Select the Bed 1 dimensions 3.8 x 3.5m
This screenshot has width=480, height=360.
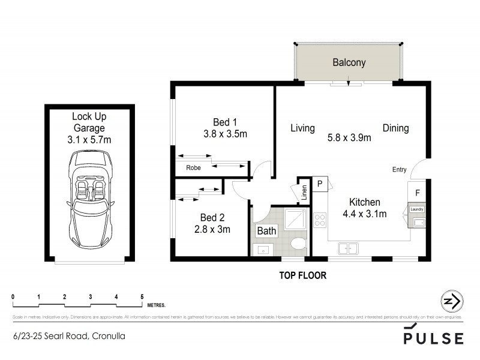(225, 134)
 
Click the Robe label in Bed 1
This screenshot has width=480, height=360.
(193, 167)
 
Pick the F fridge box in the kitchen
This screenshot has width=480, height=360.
(418, 193)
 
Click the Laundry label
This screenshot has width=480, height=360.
(417, 209)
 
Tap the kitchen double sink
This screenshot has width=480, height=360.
(348, 247)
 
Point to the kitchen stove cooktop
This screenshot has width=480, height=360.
(320, 221)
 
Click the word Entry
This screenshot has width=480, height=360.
(400, 169)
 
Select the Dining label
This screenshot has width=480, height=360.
(395, 128)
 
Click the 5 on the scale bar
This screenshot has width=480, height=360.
(142, 296)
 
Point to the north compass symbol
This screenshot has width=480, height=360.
(451, 301)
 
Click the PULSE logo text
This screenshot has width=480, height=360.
(434, 338)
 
